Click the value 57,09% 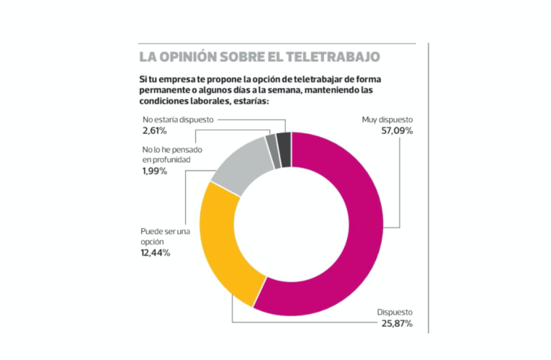point(397,131)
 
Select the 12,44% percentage point(156,253)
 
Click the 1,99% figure point(154,171)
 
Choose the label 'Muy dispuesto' point(387,120)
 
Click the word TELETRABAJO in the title point(338,56)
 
